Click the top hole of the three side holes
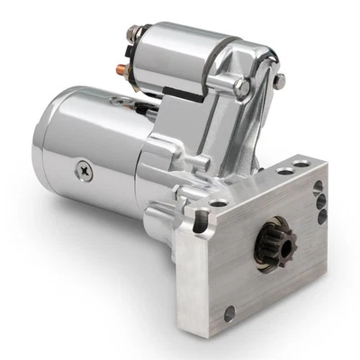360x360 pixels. (x=318, y=187)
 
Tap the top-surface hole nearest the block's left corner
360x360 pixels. (x=218, y=203)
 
